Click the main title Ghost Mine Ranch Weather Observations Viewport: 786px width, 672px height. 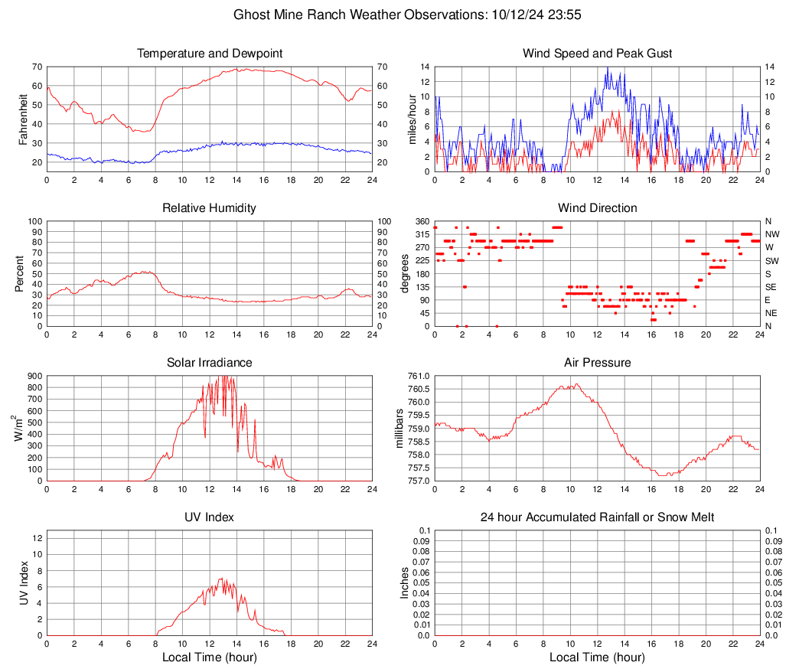click(393, 15)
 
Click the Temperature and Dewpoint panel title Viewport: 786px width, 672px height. click(210, 54)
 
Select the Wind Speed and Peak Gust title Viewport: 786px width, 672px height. click(598, 54)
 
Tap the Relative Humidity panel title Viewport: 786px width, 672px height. click(210, 208)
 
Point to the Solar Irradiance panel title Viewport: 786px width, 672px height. click(210, 363)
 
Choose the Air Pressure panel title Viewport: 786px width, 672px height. click(598, 363)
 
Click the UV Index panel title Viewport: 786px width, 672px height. click(210, 517)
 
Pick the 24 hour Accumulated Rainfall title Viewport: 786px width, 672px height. click(598, 517)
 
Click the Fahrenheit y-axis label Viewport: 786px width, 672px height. click(24, 119)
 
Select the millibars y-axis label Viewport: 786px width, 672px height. click(399, 428)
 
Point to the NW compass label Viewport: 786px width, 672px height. click(772, 234)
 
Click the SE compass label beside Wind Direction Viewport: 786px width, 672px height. click(772, 287)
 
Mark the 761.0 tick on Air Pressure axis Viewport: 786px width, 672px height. click(418, 376)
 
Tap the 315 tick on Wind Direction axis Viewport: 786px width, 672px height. click(420, 234)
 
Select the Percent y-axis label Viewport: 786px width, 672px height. click(20, 273)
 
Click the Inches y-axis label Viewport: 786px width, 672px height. click(405, 582)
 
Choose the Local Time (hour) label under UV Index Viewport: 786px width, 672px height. click(210, 657)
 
